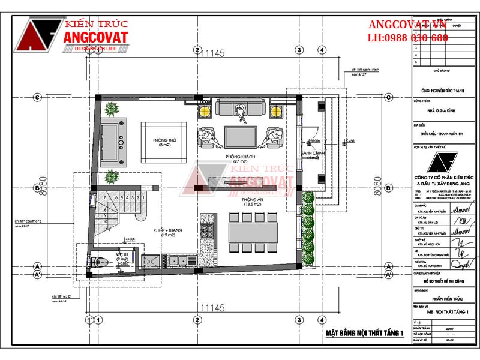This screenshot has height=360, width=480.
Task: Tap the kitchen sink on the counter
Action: tap(179, 260)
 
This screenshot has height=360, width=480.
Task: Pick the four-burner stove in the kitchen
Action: tap(208, 231)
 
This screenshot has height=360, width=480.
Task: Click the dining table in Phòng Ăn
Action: tap(252, 231)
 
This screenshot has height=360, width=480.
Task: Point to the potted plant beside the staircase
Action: tap(111, 177)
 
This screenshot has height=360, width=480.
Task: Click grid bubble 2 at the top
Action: tap(196, 50)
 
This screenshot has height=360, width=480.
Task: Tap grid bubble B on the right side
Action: tap(388, 188)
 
